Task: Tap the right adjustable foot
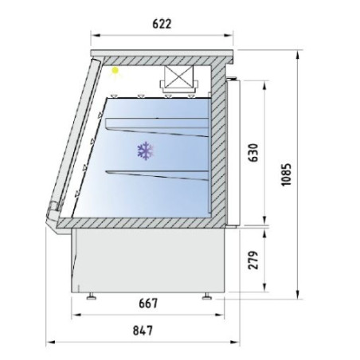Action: click(208, 297)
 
